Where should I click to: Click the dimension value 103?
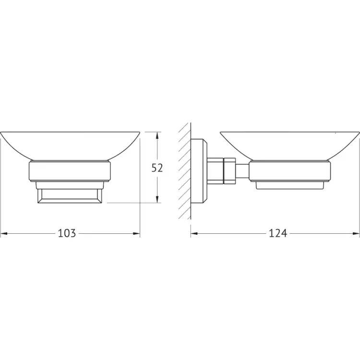point(67,233)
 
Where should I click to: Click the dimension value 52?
point(157,168)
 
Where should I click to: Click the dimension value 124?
point(278,233)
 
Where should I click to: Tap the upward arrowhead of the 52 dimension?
point(157,135)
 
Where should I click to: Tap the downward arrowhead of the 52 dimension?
point(157,199)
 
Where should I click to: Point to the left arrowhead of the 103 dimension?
point(4,233)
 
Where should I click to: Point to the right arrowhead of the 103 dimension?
point(136,233)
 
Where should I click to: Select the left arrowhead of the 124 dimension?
point(194,233)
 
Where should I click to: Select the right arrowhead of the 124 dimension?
point(356,233)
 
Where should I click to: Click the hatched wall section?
point(185,170)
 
